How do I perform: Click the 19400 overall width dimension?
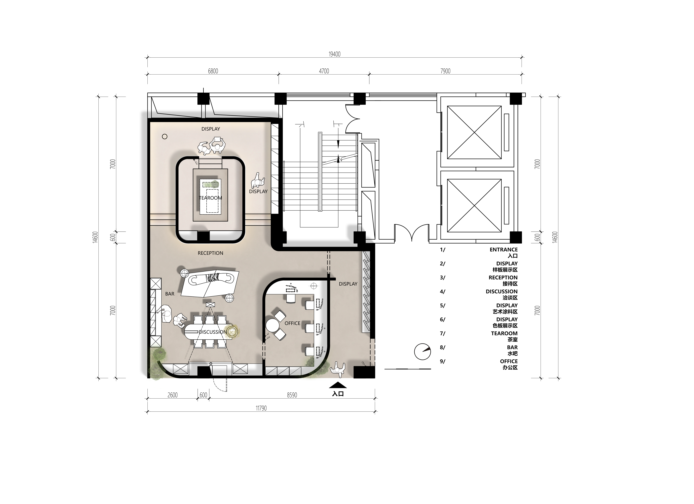pos(334,54)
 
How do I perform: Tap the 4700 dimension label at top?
pos(324,71)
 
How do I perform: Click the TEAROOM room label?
pos(211,198)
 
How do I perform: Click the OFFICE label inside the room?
pos(292,323)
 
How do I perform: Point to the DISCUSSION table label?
pos(213,332)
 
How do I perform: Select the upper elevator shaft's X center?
pos(474,132)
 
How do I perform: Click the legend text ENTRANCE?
pos(504,250)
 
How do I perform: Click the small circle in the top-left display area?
pos(165,137)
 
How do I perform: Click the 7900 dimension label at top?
pos(445,71)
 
